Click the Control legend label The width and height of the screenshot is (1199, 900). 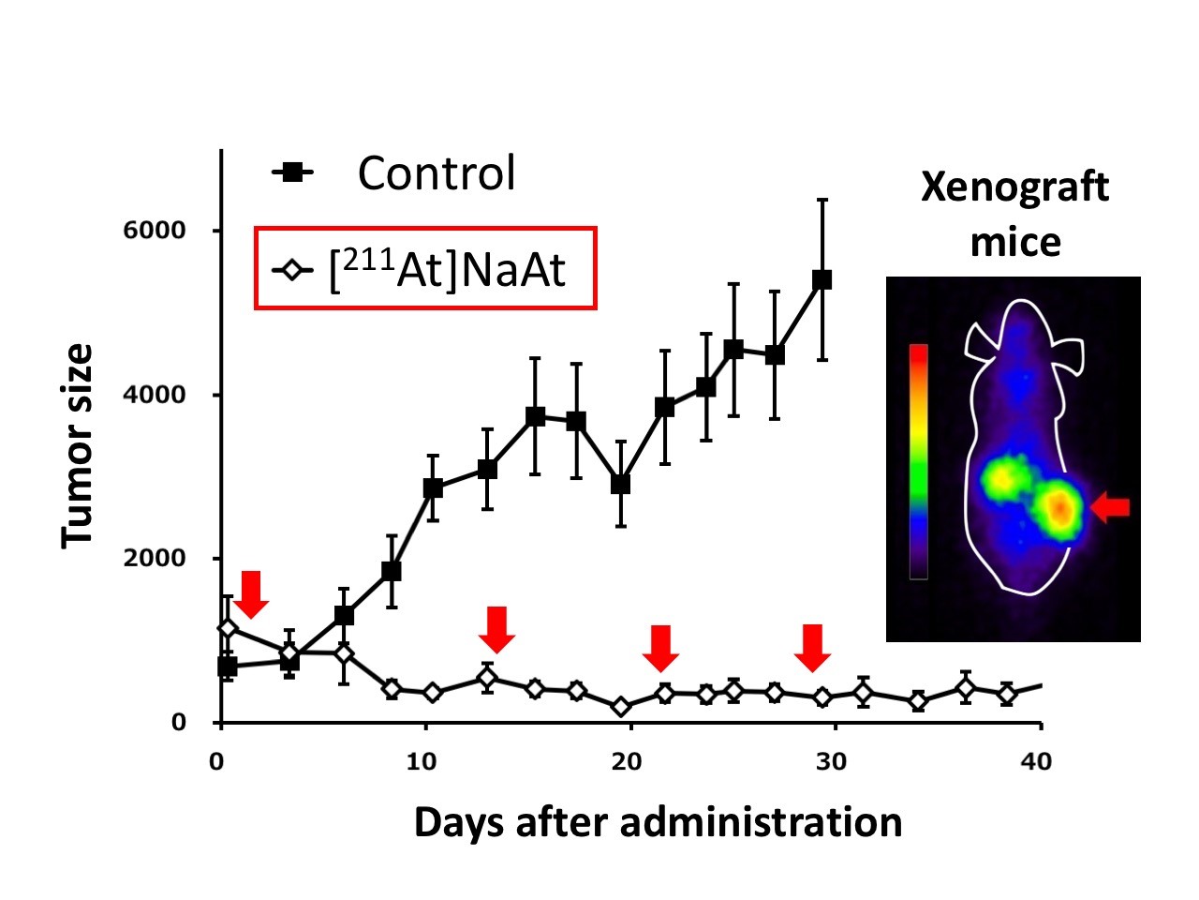point(436,173)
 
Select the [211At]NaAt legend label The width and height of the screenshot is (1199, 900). point(448,270)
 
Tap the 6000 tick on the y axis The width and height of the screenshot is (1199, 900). point(155,231)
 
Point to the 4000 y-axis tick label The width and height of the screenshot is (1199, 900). point(155,395)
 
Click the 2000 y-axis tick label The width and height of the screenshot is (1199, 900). point(155,559)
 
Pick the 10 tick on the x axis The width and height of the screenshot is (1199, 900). point(422,761)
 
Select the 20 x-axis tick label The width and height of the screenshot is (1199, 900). point(626,761)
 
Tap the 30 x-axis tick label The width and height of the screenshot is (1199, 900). point(831,761)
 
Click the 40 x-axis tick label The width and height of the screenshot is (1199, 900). point(1036,761)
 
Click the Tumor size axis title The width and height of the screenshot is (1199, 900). point(79,446)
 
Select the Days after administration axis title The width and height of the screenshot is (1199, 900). point(658,822)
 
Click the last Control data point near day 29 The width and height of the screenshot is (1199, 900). point(822,279)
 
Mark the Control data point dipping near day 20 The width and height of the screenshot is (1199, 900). point(620,484)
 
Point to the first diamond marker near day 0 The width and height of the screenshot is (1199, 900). point(228,627)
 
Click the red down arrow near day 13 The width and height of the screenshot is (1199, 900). point(496,629)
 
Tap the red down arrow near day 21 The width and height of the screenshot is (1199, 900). point(661,648)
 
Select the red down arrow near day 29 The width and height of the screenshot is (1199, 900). point(812,648)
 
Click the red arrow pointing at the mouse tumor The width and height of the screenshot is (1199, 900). point(1112,507)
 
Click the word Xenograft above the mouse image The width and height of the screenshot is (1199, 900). point(1014,188)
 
